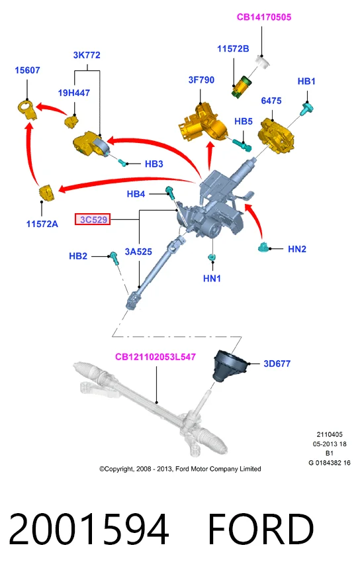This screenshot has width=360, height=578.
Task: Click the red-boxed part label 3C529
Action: click(93, 219)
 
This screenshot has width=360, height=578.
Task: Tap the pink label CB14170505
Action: click(264, 17)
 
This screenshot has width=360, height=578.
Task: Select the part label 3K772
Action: click(87, 55)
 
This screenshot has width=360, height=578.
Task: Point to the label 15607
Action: click(27, 70)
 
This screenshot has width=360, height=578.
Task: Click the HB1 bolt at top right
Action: click(306, 109)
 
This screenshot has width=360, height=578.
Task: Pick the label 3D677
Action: click(277, 363)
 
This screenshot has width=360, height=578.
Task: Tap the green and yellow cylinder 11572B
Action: click(241, 87)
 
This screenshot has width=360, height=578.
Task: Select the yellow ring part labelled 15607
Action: click(27, 109)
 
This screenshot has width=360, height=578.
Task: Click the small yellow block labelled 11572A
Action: click(47, 193)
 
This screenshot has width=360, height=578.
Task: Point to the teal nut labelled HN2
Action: click(263, 248)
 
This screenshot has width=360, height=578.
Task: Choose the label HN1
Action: click(212, 278)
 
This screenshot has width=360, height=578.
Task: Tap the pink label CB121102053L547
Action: click(156, 356)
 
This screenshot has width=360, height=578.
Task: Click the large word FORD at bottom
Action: click(261, 530)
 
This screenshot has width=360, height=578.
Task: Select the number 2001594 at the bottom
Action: click(89, 530)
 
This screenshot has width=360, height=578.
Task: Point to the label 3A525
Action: click(138, 252)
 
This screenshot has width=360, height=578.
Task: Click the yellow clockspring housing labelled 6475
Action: click(277, 135)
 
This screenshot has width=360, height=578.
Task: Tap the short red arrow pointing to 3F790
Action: click(210, 156)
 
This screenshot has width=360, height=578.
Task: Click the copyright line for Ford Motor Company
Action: click(180, 469)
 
